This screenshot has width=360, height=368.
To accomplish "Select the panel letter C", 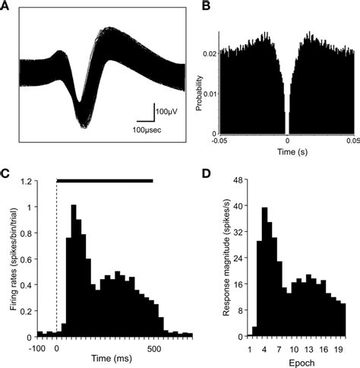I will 8,173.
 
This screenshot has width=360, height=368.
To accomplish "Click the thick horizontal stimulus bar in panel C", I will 105,181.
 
